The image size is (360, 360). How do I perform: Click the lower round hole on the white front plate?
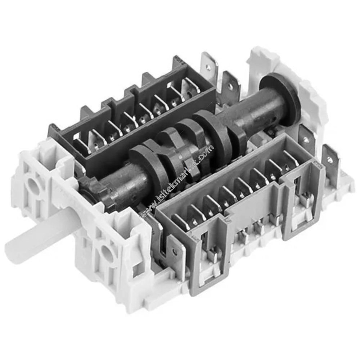tap(108, 253)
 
